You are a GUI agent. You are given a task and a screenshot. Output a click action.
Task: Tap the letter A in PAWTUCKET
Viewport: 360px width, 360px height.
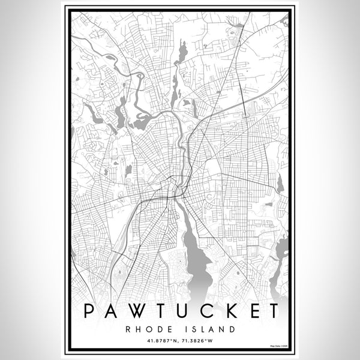pyautogui.click(x=112, y=311)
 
